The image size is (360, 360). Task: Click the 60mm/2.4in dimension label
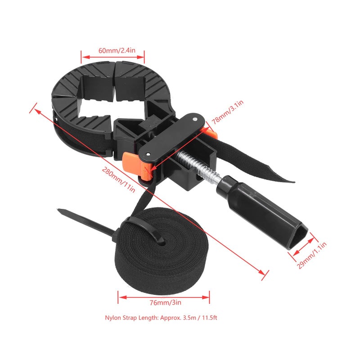pos(117,50)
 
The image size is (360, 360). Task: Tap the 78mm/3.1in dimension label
pos(228,112)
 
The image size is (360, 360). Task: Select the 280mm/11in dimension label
pos(118,180)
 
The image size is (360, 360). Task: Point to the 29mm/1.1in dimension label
pos(311,255)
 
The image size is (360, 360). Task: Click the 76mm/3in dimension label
pos(165,302)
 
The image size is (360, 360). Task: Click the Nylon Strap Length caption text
pos(161,318)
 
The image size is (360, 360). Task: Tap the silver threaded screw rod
pos(197,166)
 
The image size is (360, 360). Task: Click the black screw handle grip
pos(262,211)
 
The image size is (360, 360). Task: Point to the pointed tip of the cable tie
pos(58,210)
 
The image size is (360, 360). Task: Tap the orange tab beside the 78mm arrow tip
pos(211,133)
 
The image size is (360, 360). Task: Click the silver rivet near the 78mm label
pos(195,119)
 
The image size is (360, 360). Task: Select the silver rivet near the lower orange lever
pos(149,154)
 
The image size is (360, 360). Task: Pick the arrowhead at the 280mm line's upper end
pos(37,111)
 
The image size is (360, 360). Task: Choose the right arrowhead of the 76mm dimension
pos(206,297)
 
